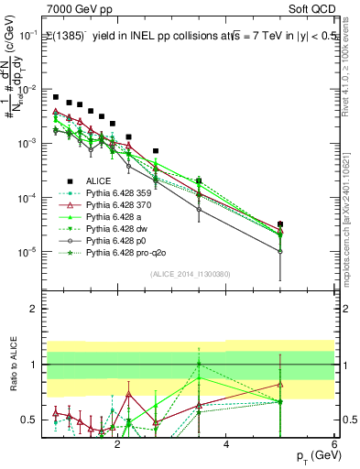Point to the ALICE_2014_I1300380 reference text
pos(190,272)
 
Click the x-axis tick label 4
pos(226,445)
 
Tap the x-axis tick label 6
pos(335,445)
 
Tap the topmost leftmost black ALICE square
pos(56,97)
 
